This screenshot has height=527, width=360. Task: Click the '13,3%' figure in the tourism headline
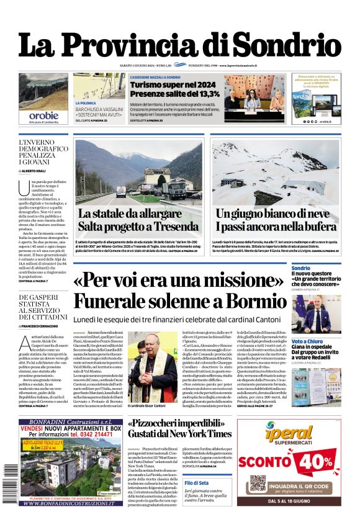204,94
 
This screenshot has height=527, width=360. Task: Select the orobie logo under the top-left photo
43,115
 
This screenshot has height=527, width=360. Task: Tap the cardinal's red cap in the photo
151,337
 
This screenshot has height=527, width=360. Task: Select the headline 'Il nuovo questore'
313,274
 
